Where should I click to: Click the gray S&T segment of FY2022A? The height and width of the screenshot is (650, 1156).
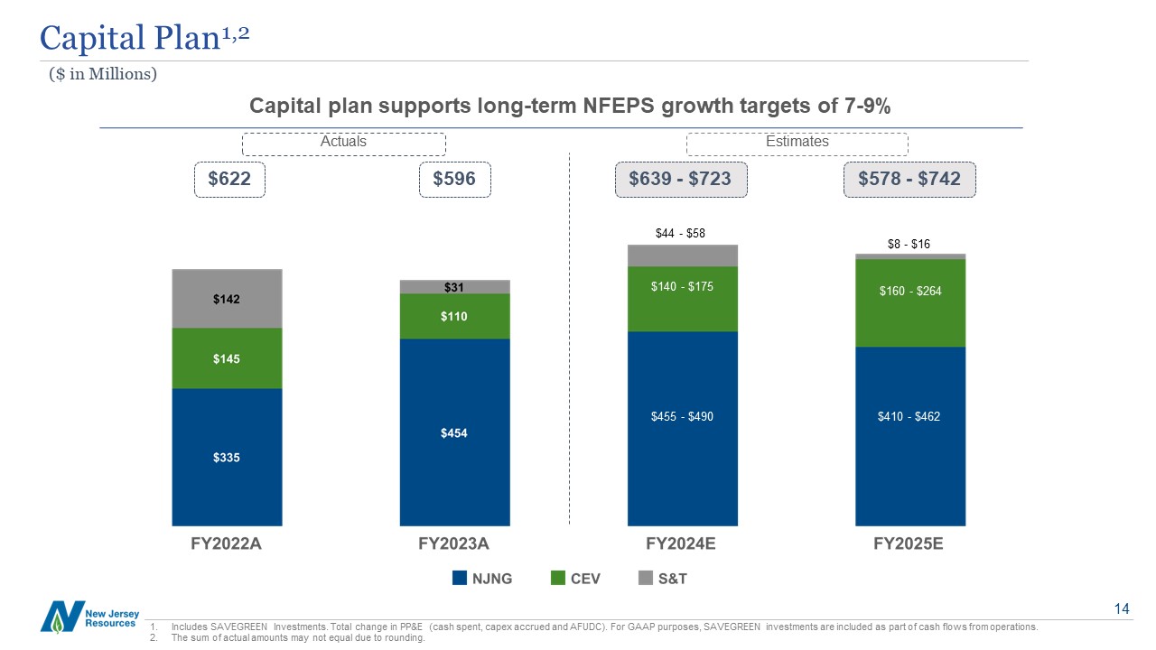click(x=227, y=299)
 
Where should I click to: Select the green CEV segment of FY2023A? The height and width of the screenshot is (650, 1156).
click(x=454, y=316)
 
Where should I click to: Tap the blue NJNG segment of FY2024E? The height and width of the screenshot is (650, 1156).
click(x=683, y=428)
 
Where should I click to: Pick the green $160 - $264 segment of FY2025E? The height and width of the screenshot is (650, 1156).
click(x=910, y=302)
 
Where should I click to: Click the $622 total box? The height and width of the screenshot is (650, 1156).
click(x=229, y=180)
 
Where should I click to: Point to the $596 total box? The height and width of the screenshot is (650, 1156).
click(x=455, y=180)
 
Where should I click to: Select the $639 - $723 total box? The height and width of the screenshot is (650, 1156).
click(x=681, y=180)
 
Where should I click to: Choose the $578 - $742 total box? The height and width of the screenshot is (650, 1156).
click(x=909, y=180)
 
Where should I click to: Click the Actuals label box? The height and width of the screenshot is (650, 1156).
click(x=343, y=143)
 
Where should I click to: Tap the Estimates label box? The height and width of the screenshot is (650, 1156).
click(x=797, y=143)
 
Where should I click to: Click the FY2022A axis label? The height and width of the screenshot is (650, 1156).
click(x=227, y=544)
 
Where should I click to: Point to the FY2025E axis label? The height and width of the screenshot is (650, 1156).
click(x=910, y=544)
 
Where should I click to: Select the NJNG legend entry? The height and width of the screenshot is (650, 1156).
click(x=483, y=579)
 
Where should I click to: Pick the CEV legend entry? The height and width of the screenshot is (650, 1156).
click(x=575, y=579)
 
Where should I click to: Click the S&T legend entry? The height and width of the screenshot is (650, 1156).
click(x=663, y=579)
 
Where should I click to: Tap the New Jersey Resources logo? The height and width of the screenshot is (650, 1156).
click(x=89, y=617)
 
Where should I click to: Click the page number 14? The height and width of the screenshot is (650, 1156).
click(x=1122, y=610)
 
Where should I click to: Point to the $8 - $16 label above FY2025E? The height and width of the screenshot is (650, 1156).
click(x=909, y=244)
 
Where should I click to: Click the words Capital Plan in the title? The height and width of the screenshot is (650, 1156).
click(x=128, y=38)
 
